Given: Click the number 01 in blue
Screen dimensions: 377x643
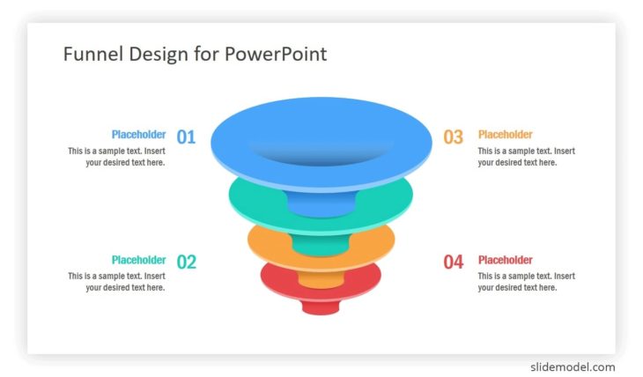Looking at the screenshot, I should click(x=186, y=137).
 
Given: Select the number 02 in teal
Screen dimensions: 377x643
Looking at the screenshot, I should click(x=186, y=262).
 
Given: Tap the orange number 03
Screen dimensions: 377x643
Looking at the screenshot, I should click(x=453, y=137).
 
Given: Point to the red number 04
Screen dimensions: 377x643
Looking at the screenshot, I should click(x=453, y=262).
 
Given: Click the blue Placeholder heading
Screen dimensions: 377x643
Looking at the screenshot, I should click(x=138, y=135).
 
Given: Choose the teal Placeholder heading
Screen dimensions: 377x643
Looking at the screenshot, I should click(x=138, y=260).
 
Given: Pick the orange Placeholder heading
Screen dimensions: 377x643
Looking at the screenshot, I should click(x=505, y=135).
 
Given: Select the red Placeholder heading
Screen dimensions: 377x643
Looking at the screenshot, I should click(x=505, y=260).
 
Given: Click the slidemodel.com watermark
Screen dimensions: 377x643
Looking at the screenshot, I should click(x=573, y=366).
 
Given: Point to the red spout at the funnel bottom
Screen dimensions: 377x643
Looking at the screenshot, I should click(x=321, y=307).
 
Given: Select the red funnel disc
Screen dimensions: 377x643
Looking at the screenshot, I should click(x=275, y=281).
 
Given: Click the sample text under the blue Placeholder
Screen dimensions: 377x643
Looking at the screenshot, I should click(x=116, y=157).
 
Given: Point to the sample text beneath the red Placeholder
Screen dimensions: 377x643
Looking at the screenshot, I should click(x=526, y=282).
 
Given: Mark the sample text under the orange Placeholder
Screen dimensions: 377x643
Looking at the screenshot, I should click(x=526, y=157).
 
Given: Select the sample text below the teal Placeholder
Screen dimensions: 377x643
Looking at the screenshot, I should click(x=116, y=282).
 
